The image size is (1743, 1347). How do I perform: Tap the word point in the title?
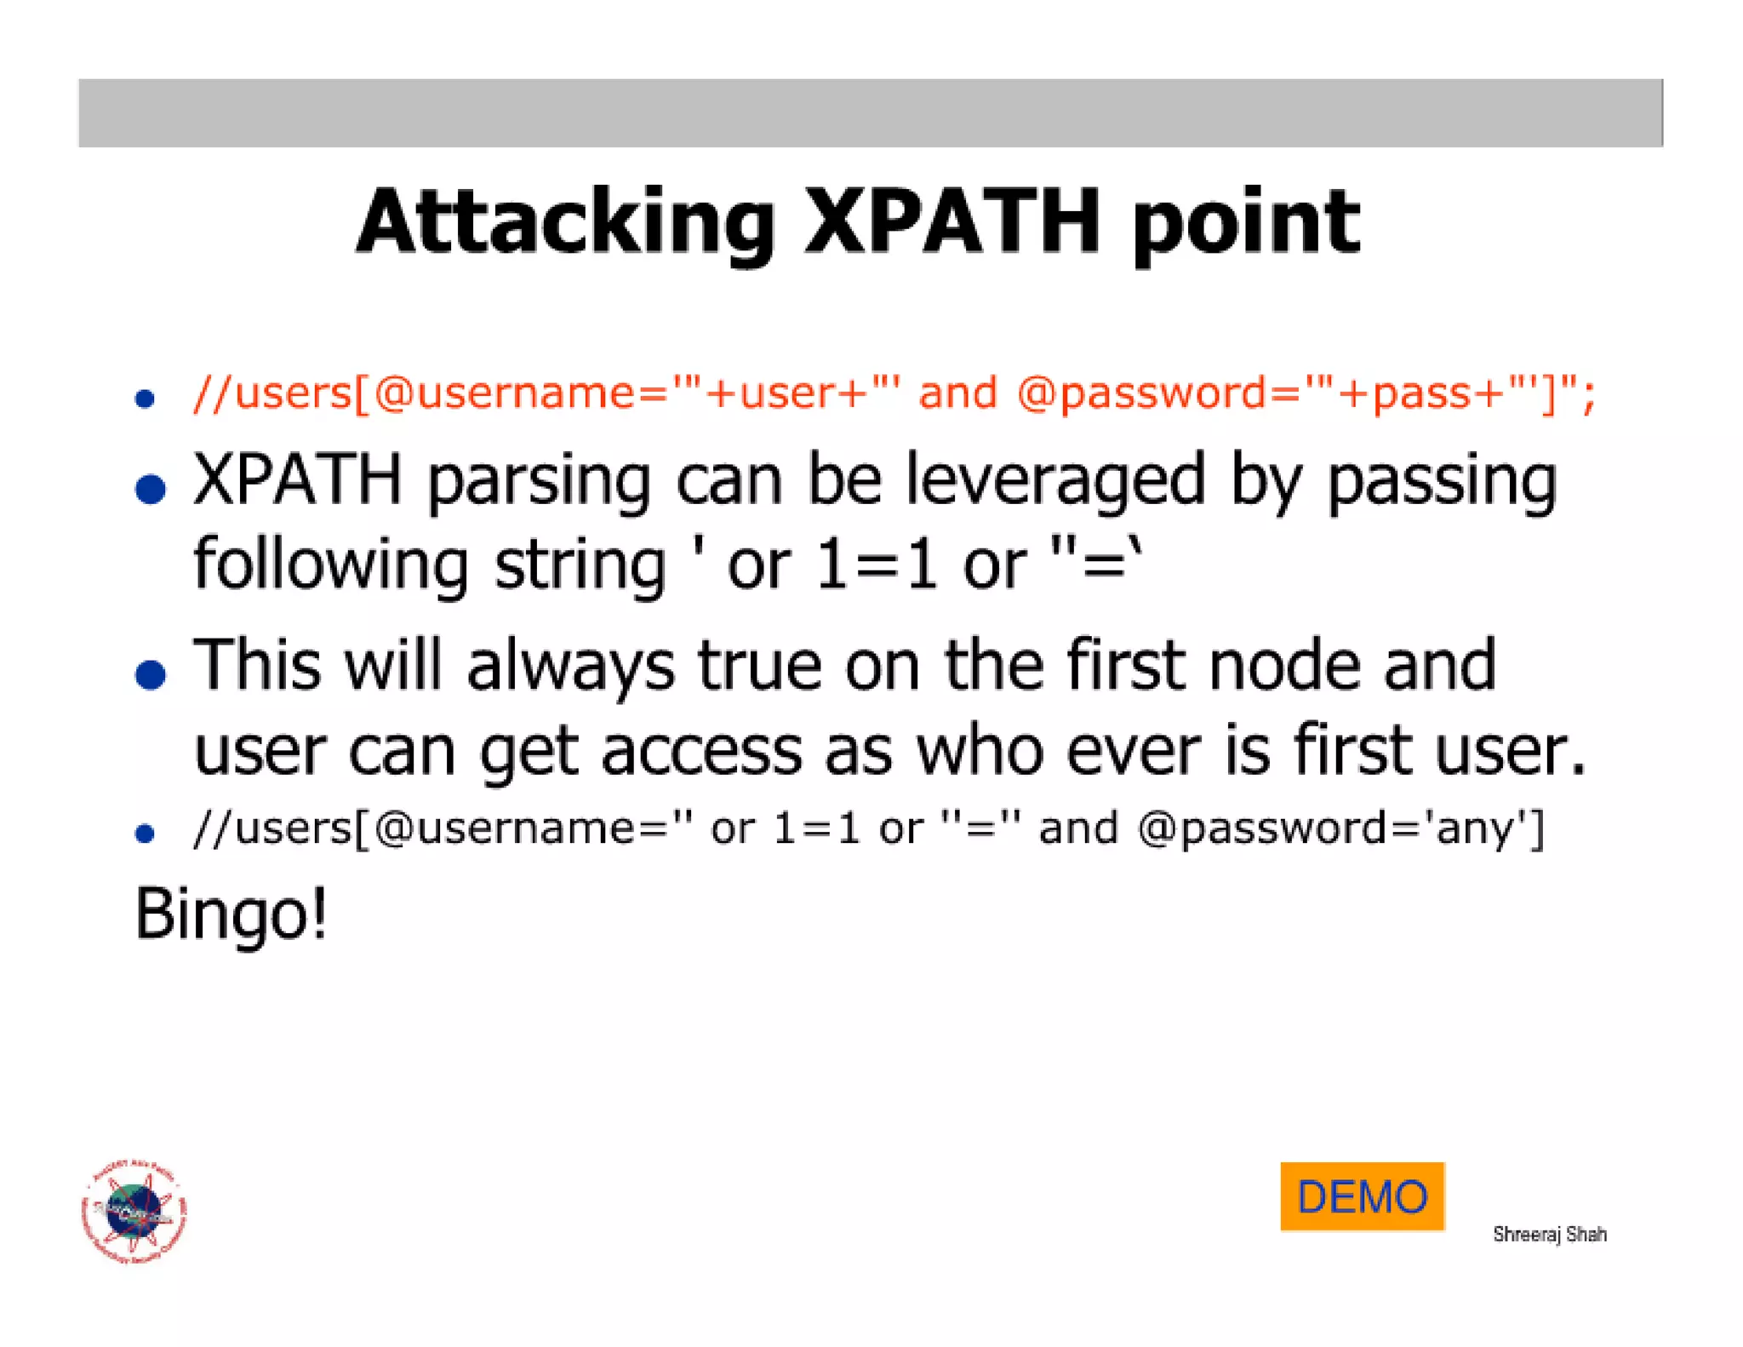click(1246, 223)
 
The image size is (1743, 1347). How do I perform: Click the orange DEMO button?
click(1361, 1196)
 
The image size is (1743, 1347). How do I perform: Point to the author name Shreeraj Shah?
click(1549, 1234)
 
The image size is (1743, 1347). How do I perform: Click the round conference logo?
click(134, 1211)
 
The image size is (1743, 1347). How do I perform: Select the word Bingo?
click(231, 914)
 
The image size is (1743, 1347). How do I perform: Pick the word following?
click(330, 565)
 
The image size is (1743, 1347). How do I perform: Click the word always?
click(570, 666)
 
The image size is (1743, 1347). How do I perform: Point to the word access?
click(701, 751)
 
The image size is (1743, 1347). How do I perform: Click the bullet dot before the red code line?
click(145, 398)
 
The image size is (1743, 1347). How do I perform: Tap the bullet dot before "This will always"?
click(151, 674)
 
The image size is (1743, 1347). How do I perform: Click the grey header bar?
click(870, 112)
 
